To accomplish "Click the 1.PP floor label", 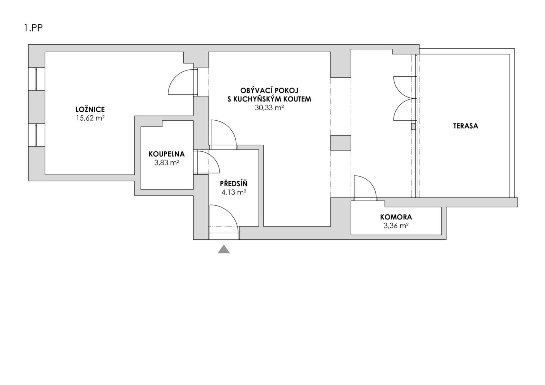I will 33,28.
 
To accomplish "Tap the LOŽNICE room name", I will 90,109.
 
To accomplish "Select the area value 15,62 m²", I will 90,118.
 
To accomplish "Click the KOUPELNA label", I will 167,154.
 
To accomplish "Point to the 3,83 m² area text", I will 167,163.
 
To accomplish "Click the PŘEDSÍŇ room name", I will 234,184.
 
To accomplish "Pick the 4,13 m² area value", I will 234,193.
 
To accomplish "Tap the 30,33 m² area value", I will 269,108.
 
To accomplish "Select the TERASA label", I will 465,126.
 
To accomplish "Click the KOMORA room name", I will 396,217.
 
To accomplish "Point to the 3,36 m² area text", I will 396,226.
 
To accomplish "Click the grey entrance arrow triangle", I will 224,250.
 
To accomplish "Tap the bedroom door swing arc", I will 180,82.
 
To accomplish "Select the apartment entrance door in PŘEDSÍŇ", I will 224,221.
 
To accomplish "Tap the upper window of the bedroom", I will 36,79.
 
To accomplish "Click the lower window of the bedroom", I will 36,135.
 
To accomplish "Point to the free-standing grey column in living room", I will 341,143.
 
